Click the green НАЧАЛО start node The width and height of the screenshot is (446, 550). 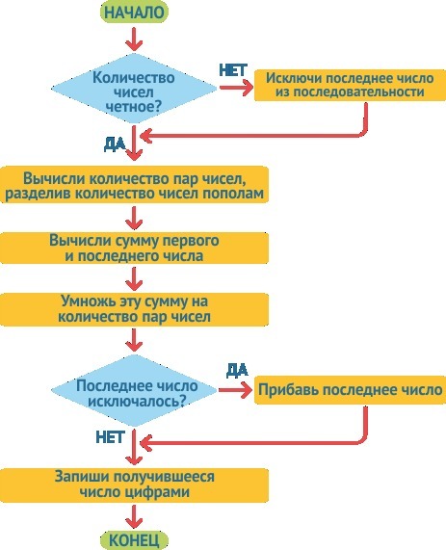click(x=134, y=12)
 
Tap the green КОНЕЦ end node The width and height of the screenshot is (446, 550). click(x=134, y=540)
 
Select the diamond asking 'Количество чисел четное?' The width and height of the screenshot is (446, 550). click(x=134, y=89)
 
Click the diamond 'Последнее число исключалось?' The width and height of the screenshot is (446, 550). click(x=134, y=390)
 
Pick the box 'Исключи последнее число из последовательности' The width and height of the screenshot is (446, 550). click(x=350, y=85)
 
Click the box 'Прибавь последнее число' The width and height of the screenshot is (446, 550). click(x=350, y=390)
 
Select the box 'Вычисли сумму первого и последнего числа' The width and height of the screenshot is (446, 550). click(x=134, y=248)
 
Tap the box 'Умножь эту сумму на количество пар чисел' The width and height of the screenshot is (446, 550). click(x=134, y=310)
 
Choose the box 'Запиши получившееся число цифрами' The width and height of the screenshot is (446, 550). click(x=134, y=485)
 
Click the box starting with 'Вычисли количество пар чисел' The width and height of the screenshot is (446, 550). click(x=134, y=185)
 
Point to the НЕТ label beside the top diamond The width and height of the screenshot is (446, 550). click(x=233, y=70)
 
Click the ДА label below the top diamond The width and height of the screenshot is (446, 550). click(x=115, y=144)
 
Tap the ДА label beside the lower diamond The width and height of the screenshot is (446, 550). click(x=237, y=370)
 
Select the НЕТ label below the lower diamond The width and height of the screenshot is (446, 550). click(x=110, y=437)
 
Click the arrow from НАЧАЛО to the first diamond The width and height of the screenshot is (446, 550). click(x=134, y=39)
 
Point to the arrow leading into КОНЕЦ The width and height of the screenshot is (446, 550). click(x=134, y=516)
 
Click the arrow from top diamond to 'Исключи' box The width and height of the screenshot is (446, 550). click(x=236, y=88)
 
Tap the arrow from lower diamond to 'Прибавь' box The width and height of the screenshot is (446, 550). click(x=235, y=390)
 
